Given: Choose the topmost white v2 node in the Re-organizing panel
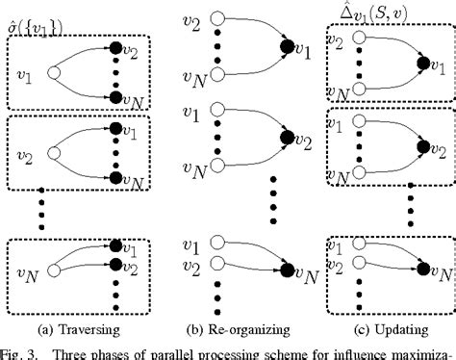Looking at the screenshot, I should tap(215, 21).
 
